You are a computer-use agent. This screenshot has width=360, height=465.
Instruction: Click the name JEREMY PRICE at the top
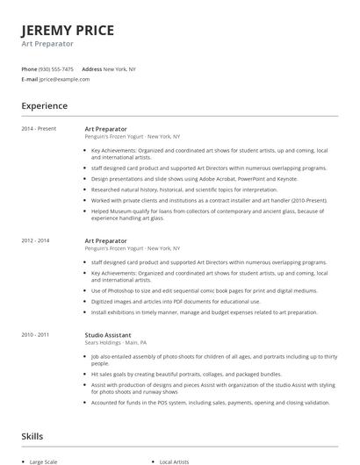68,30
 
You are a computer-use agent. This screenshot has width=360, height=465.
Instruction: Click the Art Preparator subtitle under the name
47,44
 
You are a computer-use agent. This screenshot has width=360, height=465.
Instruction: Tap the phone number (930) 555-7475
56,69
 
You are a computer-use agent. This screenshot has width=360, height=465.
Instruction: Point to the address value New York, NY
119,69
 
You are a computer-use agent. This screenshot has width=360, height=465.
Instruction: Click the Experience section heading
45,106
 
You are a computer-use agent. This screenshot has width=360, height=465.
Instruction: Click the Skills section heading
33,436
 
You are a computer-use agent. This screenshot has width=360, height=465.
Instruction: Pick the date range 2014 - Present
40,129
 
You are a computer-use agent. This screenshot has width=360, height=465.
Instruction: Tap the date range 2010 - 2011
36,334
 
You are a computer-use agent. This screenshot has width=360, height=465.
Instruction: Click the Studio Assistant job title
108,334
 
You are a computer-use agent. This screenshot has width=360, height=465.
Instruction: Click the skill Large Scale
45,461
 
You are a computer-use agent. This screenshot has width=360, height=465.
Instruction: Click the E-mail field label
30,79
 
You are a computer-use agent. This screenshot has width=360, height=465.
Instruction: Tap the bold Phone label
30,69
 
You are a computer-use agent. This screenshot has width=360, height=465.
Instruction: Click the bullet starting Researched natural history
171,189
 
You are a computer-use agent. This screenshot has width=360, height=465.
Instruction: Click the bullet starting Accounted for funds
211,403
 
